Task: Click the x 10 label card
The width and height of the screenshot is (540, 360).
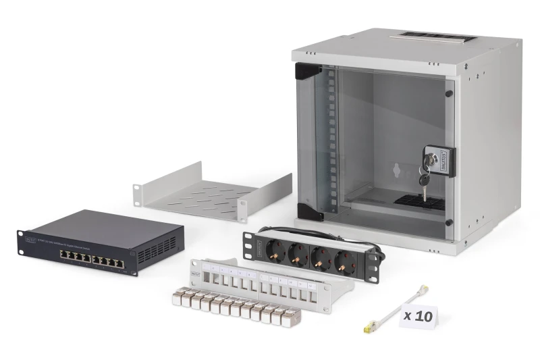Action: (418, 315)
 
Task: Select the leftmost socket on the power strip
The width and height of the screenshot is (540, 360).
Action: (276, 251)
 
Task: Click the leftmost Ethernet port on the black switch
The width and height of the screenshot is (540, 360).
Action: (63, 255)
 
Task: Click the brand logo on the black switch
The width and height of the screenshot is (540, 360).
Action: (30, 238)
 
